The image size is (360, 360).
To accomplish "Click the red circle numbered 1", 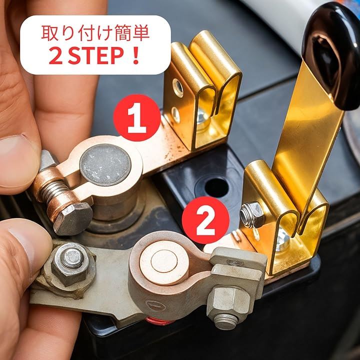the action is (x=137, y=117).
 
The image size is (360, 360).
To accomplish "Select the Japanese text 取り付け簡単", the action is (x=95, y=33).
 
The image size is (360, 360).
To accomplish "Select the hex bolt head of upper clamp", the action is (x=72, y=218).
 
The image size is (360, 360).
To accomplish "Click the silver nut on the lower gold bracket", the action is (x=251, y=214).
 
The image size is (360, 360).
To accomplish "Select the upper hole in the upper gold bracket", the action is (x=178, y=87).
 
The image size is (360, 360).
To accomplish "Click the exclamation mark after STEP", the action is (x=136, y=55).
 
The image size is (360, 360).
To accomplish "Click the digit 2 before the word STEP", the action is (x=56, y=56).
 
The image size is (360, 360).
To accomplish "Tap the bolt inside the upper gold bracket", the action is (x=202, y=117).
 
